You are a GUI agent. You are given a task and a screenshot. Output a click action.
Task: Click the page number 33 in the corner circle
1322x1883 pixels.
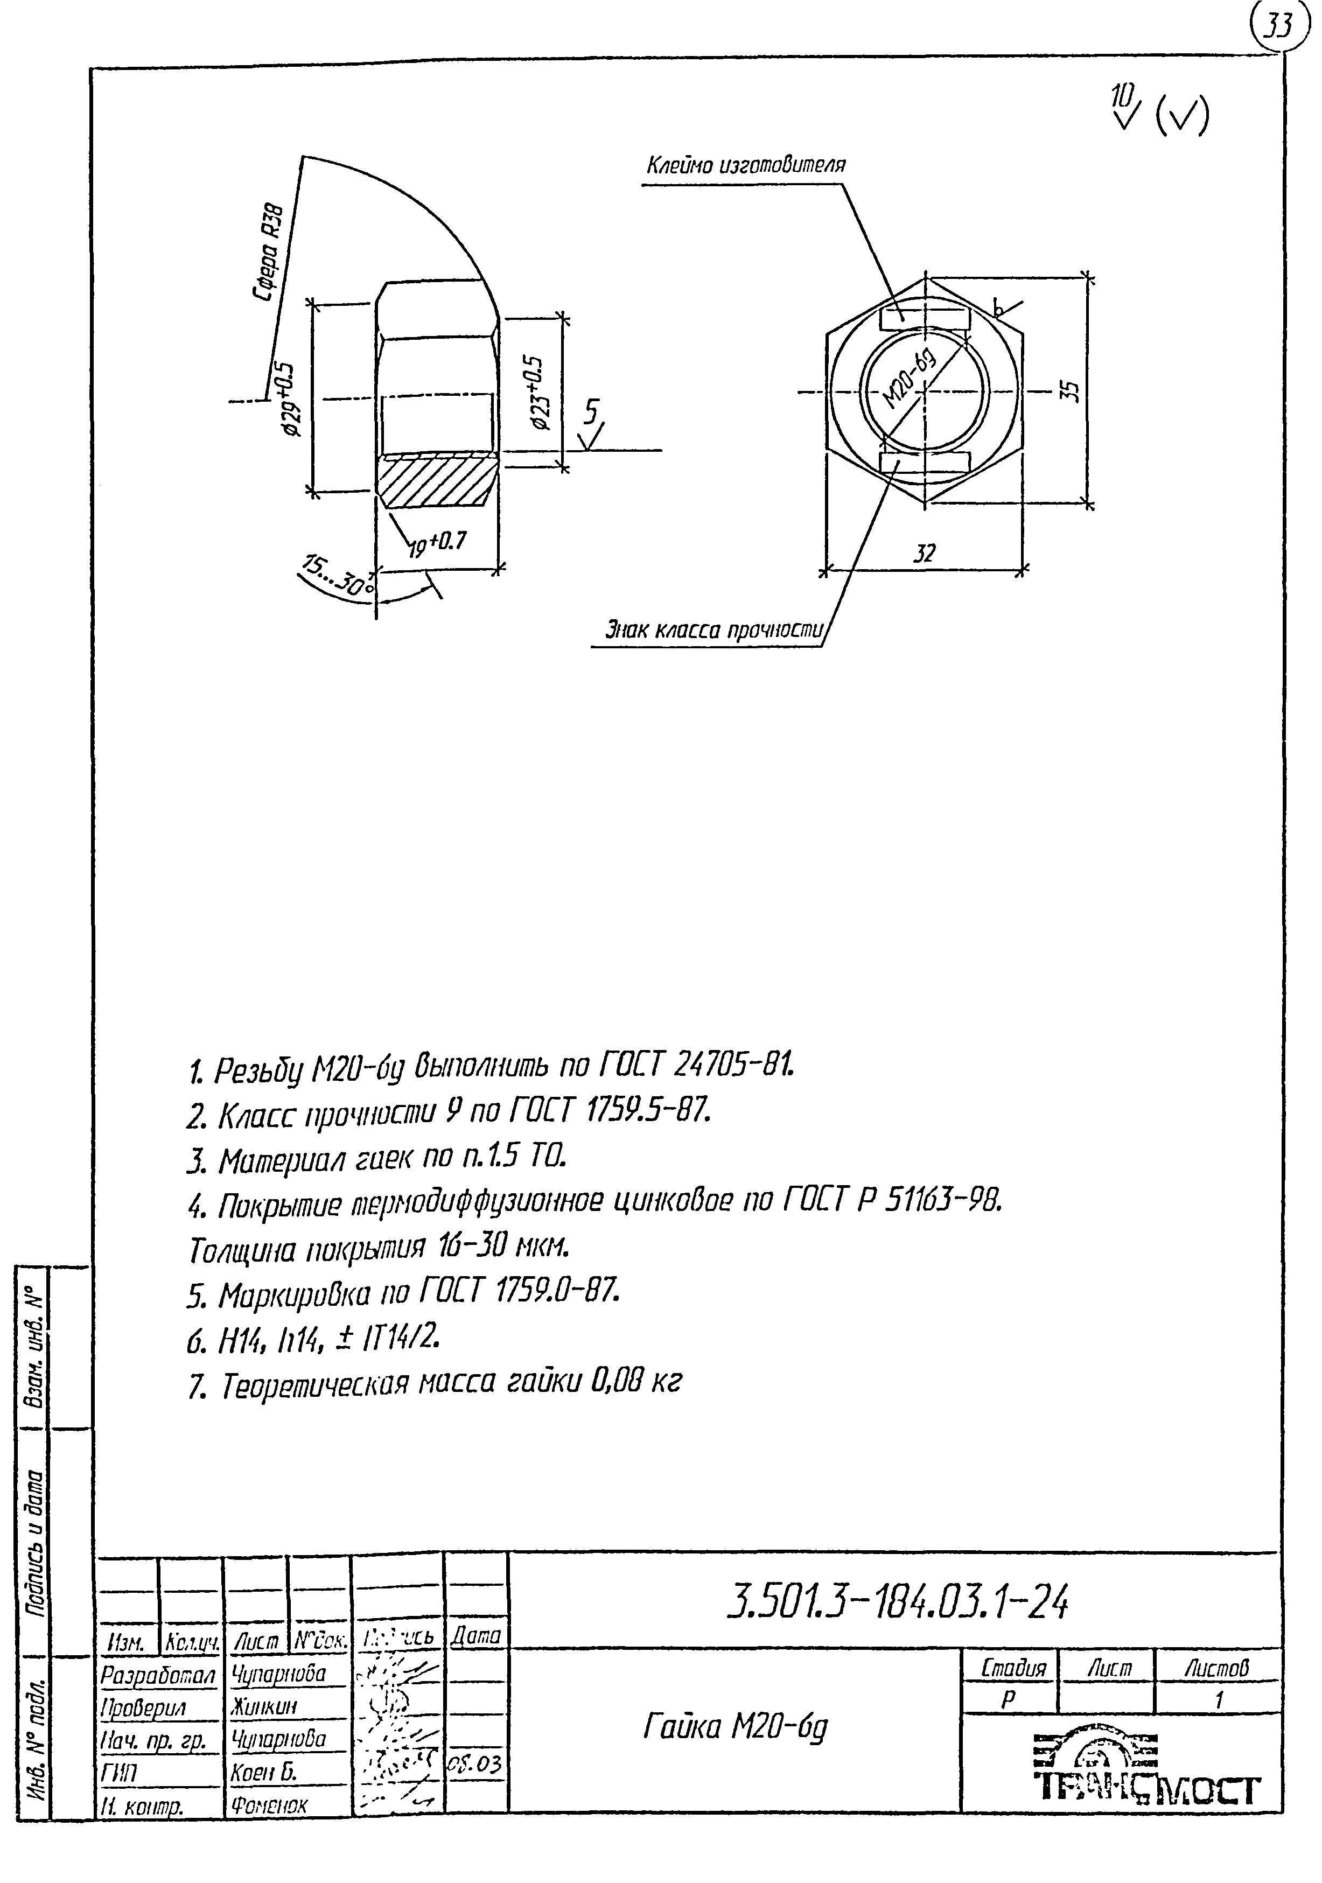pyautogui.click(x=1275, y=29)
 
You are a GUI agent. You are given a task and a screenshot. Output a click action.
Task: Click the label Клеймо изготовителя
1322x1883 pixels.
pyautogui.click(x=746, y=166)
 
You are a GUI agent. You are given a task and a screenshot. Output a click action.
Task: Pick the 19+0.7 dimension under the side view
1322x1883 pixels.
pyautogui.click(x=436, y=543)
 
